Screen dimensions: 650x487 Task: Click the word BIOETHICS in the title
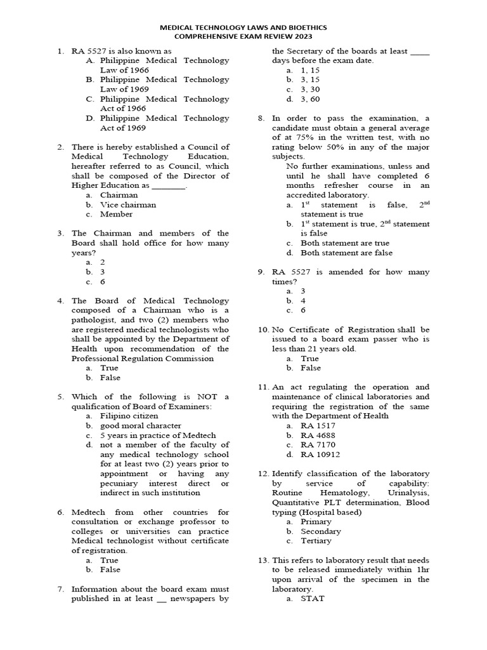[304, 28]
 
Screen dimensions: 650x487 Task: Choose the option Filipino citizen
[131, 416]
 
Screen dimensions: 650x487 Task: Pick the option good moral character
[141, 425]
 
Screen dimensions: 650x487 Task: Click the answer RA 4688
[318, 435]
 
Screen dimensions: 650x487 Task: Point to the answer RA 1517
[318, 425]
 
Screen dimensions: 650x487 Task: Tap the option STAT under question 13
[312, 599]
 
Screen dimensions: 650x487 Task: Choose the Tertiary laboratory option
[316, 541]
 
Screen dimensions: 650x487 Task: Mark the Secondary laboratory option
[321, 531]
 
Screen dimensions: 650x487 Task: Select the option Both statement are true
[345, 243]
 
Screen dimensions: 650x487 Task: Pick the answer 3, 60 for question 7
[310, 99]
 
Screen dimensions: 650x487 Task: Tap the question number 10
[263, 329]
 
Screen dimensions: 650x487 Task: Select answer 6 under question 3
[103, 281]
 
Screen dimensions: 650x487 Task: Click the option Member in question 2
[117, 214]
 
